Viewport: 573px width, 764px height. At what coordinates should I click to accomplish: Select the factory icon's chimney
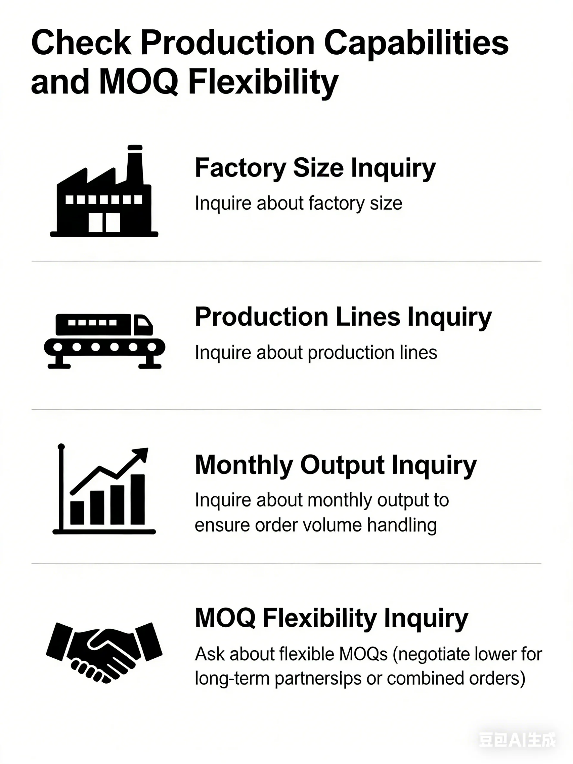[x=135, y=164]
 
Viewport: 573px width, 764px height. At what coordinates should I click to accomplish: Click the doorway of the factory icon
[x=104, y=222]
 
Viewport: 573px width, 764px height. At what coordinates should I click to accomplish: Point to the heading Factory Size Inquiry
[x=315, y=168]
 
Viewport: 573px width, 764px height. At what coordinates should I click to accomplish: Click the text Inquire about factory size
[x=298, y=203]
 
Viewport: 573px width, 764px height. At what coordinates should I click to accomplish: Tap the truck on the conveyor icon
[x=104, y=324]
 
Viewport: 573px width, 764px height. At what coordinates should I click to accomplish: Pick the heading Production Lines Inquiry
[x=343, y=317]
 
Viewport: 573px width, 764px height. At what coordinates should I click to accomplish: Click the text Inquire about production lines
[x=316, y=353]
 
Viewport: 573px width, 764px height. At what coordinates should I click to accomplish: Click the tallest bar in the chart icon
[x=137, y=499]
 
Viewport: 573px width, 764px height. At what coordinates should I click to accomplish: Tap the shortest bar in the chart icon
[x=77, y=513]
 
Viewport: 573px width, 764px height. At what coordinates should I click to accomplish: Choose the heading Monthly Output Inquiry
[x=336, y=465]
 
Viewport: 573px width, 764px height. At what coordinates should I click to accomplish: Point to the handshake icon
[x=104, y=653]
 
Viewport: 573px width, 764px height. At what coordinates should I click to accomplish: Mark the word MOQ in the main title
[x=139, y=82]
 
